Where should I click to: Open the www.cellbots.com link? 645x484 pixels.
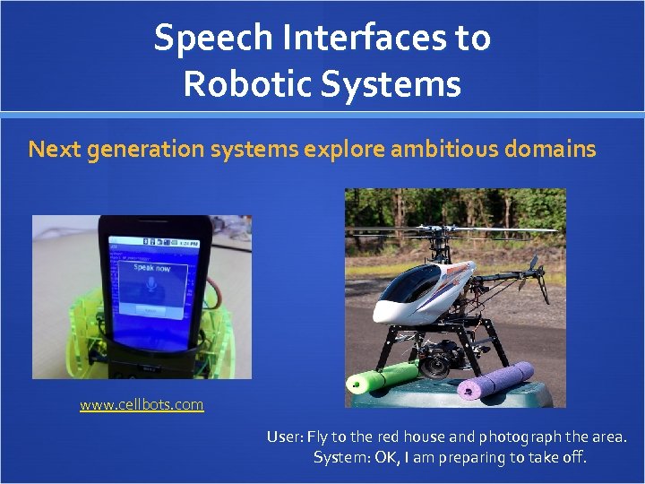tap(142, 405)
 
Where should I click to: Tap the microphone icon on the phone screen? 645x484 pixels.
tap(149, 284)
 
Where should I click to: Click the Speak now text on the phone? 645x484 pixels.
tap(150, 267)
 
